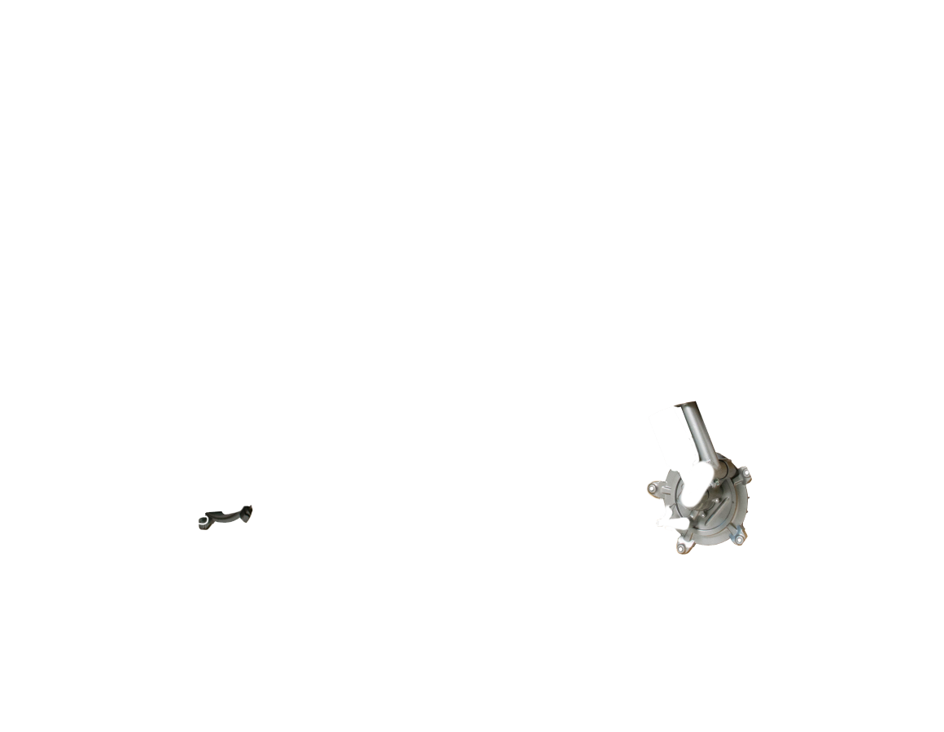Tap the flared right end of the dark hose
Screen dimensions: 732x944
(247, 511)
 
